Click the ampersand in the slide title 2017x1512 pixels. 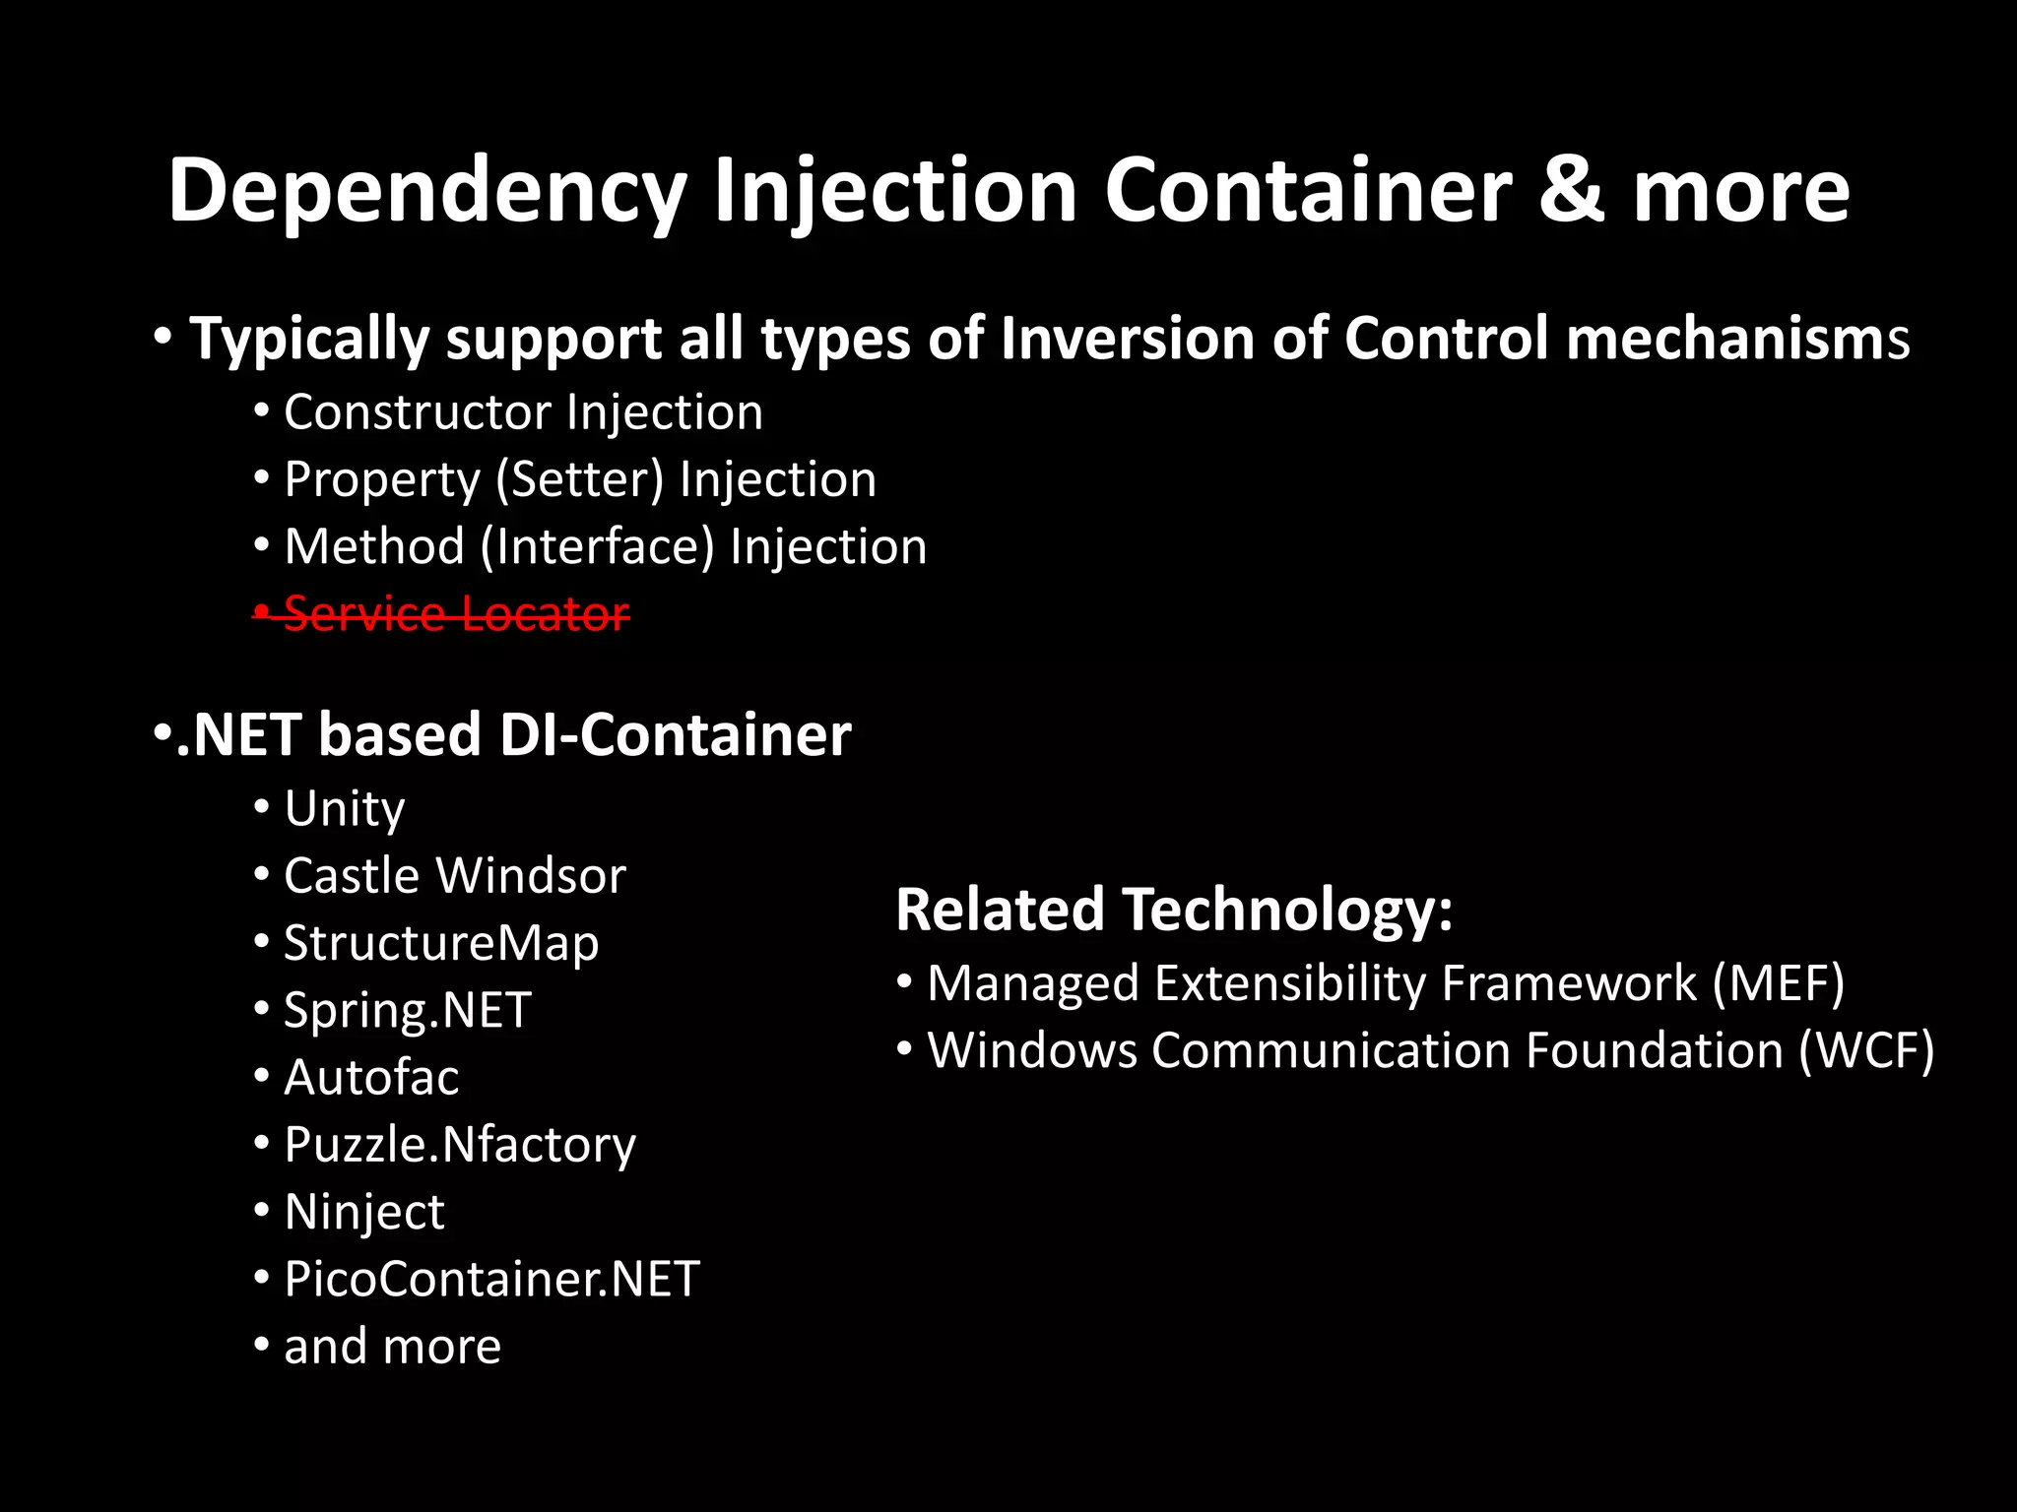tap(1572, 191)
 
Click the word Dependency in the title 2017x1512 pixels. tap(426, 191)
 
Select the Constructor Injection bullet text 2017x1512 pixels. tap(523, 411)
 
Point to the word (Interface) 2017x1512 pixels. tap(597, 547)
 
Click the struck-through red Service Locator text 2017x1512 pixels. tap(456, 614)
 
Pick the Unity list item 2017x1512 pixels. tap(344, 809)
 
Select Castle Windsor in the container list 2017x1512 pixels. tap(454, 876)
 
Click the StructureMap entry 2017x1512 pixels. tap(440, 943)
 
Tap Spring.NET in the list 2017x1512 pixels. tap(407, 1010)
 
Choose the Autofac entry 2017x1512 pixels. tap(370, 1077)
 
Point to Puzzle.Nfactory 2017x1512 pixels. tap(459, 1145)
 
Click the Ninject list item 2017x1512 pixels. tap(363, 1212)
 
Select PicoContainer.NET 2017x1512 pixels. tap(491, 1279)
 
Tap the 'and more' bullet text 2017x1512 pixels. tap(392, 1346)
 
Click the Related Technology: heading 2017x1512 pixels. tap(1174, 909)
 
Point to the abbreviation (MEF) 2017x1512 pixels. tap(1778, 983)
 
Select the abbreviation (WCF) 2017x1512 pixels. tap(1866, 1050)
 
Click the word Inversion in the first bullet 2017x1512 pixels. tap(1127, 339)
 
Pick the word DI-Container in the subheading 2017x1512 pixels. tap(676, 735)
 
